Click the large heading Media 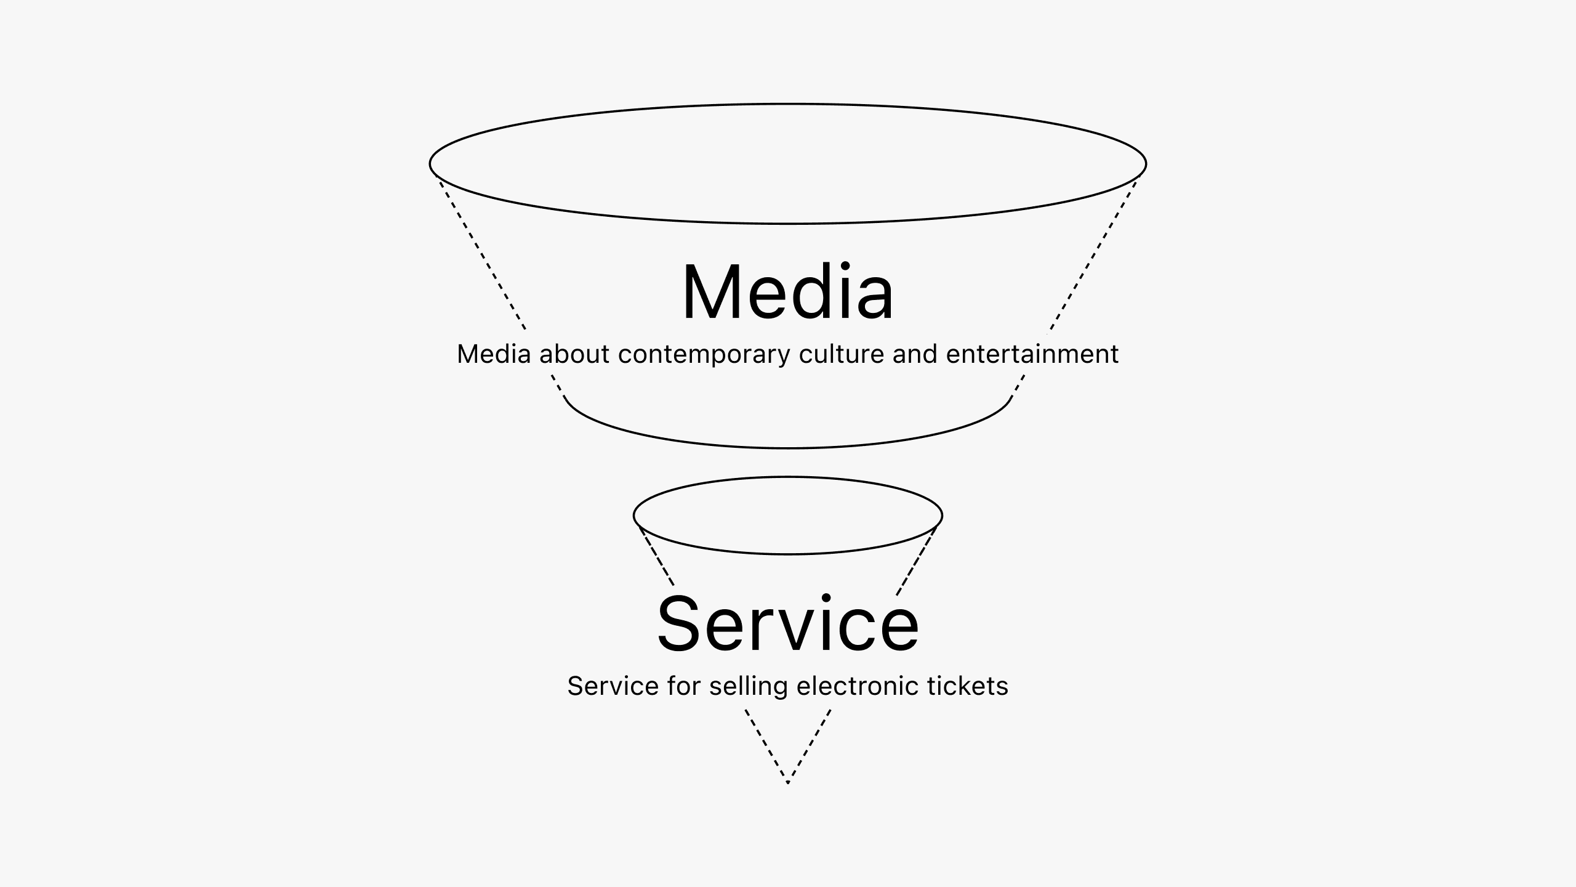tap(787, 292)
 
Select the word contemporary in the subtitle tap(704, 355)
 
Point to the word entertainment tap(1032, 354)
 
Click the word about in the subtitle tap(574, 354)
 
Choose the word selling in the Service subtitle tap(748, 687)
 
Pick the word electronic tap(858, 686)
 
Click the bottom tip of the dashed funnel tap(788, 782)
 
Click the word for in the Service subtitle tap(683, 686)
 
